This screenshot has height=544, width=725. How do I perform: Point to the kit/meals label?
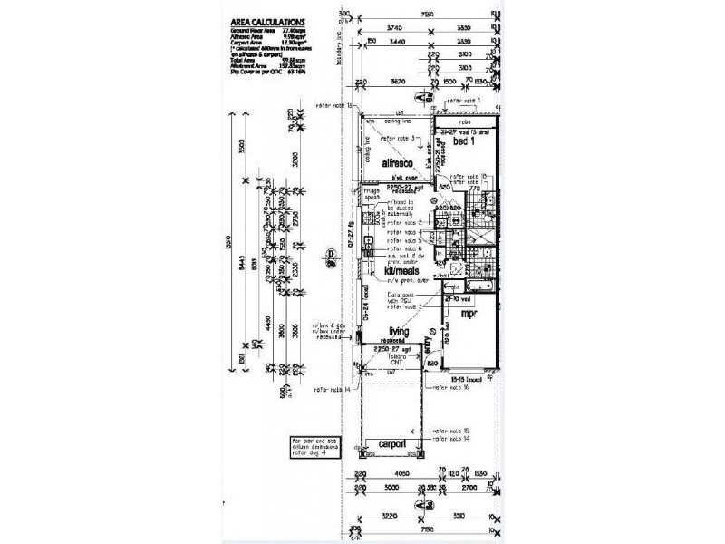coord(401,270)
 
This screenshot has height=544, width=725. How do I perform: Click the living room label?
coord(401,333)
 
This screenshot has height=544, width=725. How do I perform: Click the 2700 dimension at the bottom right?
coord(469,486)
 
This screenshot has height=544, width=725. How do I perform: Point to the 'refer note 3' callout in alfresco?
coord(399,138)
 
